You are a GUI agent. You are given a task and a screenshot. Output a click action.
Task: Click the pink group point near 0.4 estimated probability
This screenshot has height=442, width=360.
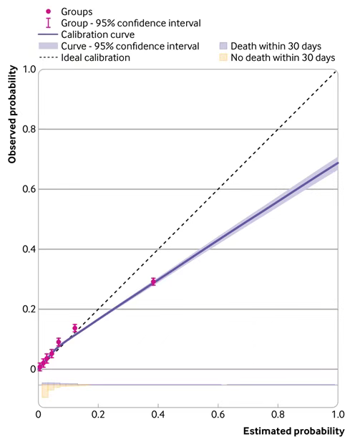click(x=153, y=282)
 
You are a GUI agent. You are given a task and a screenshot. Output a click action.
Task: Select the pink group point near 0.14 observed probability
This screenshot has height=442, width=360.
click(x=75, y=328)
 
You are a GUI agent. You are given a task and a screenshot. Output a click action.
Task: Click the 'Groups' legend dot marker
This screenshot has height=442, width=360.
click(x=49, y=11)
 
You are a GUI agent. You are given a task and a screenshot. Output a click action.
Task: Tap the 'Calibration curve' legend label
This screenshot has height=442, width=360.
click(x=98, y=34)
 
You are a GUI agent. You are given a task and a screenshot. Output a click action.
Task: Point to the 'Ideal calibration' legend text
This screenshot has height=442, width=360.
click(x=95, y=57)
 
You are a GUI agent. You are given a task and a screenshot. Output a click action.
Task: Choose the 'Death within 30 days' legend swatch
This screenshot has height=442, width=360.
click(x=223, y=46)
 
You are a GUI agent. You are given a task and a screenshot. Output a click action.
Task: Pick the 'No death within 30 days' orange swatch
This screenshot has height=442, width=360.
click(x=223, y=57)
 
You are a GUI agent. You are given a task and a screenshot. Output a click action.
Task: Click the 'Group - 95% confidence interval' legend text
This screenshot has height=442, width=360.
click(x=131, y=23)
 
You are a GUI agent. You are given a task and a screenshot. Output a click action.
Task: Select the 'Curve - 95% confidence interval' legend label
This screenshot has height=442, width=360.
click(x=130, y=46)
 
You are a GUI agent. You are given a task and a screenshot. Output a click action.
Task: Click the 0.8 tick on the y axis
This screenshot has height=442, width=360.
click(x=29, y=129)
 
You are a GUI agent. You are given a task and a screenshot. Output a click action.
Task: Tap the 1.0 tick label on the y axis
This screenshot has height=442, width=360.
click(x=29, y=69)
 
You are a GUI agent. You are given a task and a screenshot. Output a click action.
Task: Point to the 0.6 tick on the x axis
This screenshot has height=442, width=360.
click(x=218, y=414)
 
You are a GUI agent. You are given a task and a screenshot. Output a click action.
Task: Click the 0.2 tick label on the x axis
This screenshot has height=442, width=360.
click(x=98, y=414)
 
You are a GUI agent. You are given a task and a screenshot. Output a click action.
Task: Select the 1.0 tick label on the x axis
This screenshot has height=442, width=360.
click(x=338, y=414)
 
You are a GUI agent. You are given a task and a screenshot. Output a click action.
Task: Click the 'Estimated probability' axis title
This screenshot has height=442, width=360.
click(x=294, y=431)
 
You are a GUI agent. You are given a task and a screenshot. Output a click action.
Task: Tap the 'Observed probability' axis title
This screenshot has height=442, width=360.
click(x=12, y=114)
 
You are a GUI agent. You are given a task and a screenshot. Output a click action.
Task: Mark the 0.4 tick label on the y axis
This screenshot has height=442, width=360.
click(x=29, y=249)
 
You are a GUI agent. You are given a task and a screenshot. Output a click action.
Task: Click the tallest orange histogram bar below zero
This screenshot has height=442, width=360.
click(x=45, y=391)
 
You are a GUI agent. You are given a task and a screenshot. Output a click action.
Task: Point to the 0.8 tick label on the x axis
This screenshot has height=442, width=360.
click(x=278, y=414)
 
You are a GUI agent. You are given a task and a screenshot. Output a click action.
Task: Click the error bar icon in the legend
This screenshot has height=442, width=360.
click(x=49, y=23)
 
